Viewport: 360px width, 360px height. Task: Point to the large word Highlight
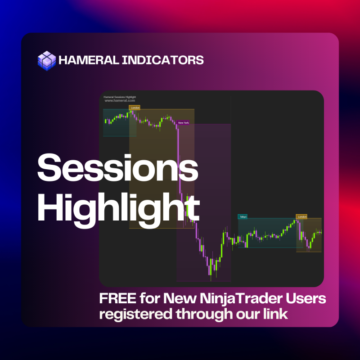[118, 207]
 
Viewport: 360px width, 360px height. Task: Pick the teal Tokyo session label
[243, 216]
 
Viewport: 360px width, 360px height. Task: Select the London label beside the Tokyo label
[301, 216]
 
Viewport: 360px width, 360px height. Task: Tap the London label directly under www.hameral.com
[135, 108]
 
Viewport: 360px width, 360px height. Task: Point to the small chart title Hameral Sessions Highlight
[120, 97]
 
